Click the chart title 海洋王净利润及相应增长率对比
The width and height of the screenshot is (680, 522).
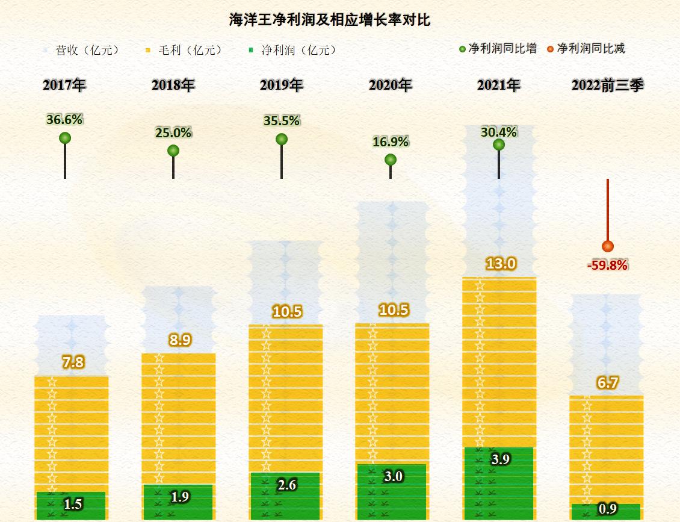click(x=330, y=20)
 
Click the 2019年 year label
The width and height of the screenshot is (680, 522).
click(x=281, y=85)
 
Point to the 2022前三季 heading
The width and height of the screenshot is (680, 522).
click(x=607, y=85)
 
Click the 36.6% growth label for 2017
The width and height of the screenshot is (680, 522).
click(x=64, y=119)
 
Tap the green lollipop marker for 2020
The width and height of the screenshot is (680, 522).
click(x=391, y=160)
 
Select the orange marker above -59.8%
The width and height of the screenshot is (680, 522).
click(x=608, y=246)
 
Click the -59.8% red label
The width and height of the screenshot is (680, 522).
click(x=607, y=265)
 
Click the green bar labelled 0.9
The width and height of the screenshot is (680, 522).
click(x=605, y=512)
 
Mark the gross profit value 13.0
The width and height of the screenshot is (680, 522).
click(x=500, y=264)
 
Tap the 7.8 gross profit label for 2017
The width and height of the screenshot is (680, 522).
click(x=73, y=362)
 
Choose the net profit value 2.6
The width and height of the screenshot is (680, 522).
click(x=287, y=485)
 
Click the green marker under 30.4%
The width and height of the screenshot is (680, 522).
click(x=498, y=144)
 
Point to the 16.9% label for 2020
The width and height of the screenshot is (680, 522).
click(x=391, y=142)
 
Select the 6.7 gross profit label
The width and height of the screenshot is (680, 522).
click(x=608, y=383)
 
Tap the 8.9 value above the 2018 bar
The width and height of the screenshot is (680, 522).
click(x=180, y=340)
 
